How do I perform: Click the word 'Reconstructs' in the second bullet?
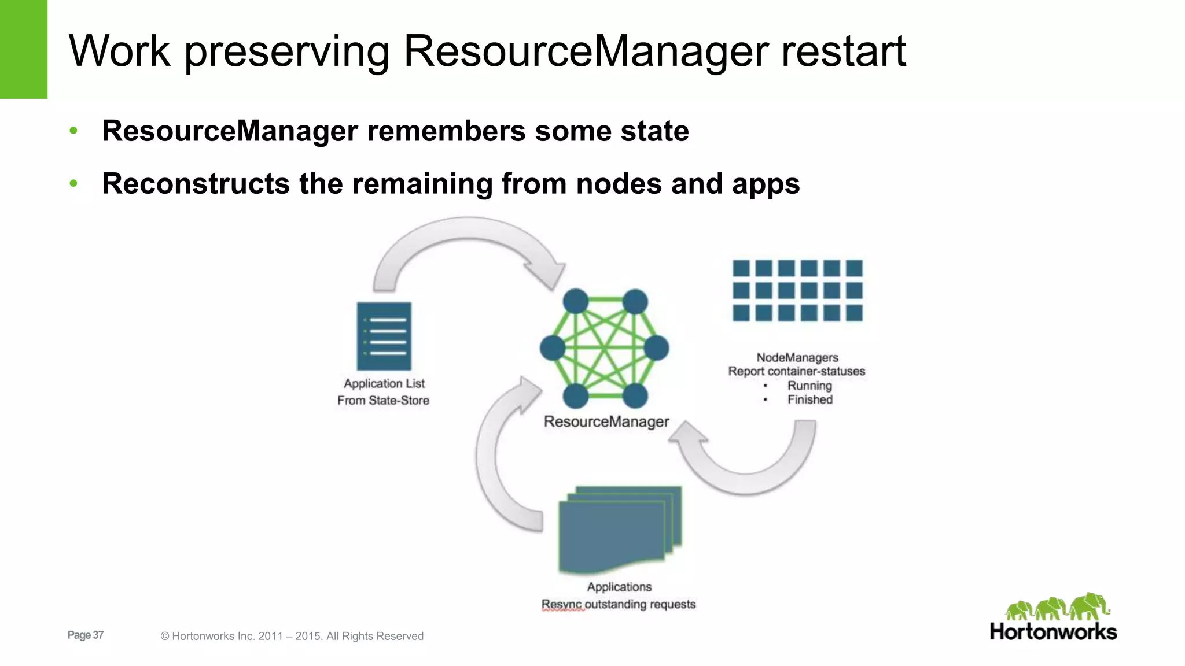click(x=195, y=184)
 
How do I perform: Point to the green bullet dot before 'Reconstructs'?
click(x=73, y=184)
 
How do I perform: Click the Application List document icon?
click(x=384, y=336)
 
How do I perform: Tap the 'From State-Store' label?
click(x=383, y=400)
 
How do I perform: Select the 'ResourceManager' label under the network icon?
click(x=606, y=421)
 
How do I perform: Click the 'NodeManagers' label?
click(x=797, y=357)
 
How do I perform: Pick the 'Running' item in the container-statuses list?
click(x=809, y=386)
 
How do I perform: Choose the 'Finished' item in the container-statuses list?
click(x=810, y=399)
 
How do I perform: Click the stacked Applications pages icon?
click(x=619, y=529)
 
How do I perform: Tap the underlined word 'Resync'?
click(x=561, y=604)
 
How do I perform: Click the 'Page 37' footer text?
click(x=86, y=635)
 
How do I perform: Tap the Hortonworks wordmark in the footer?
click(x=1053, y=631)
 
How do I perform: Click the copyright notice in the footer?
click(x=292, y=636)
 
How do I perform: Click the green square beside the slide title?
click(x=24, y=49)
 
